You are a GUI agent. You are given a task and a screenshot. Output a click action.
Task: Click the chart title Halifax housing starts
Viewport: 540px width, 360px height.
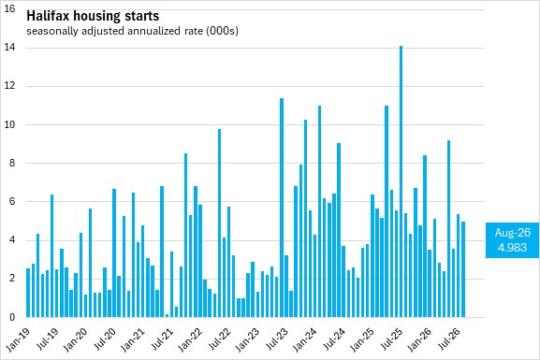click(93, 16)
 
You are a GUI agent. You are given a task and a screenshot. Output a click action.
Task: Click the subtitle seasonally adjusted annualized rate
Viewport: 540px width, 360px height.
click(116, 31)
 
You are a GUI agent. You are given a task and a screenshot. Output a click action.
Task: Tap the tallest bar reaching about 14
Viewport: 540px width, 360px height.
click(401, 181)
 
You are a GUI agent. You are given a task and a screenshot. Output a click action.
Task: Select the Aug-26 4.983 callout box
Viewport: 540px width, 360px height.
click(513, 240)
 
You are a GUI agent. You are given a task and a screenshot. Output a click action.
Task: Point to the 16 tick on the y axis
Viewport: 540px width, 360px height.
click(9, 8)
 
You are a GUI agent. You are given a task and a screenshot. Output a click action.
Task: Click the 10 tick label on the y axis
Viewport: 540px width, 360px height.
click(9, 124)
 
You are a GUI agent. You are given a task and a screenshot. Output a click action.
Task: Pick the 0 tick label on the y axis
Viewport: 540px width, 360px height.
click(12, 317)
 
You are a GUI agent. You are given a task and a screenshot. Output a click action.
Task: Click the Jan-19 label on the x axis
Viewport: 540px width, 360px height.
click(19, 339)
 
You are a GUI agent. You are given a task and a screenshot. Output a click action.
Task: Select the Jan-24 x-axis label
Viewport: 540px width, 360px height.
click(305, 339)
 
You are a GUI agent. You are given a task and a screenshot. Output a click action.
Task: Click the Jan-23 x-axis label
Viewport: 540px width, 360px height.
click(248, 339)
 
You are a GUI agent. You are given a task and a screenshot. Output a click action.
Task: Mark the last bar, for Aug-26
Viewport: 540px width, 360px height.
click(463, 269)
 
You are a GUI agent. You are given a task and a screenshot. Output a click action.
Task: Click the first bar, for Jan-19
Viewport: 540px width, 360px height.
click(28, 293)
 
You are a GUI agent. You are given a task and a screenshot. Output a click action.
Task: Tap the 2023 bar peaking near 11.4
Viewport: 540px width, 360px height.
click(282, 208)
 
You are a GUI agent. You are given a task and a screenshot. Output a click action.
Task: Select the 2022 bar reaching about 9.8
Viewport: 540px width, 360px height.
click(219, 223)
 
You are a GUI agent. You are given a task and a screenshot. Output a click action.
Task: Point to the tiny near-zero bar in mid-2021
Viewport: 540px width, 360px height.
click(167, 316)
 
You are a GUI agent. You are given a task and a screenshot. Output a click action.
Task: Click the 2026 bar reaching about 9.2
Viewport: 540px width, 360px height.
click(448, 228)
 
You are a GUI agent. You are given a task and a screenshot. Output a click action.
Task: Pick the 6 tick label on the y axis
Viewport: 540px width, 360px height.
click(12, 201)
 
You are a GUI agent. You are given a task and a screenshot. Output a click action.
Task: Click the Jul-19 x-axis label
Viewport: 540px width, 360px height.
click(49, 339)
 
